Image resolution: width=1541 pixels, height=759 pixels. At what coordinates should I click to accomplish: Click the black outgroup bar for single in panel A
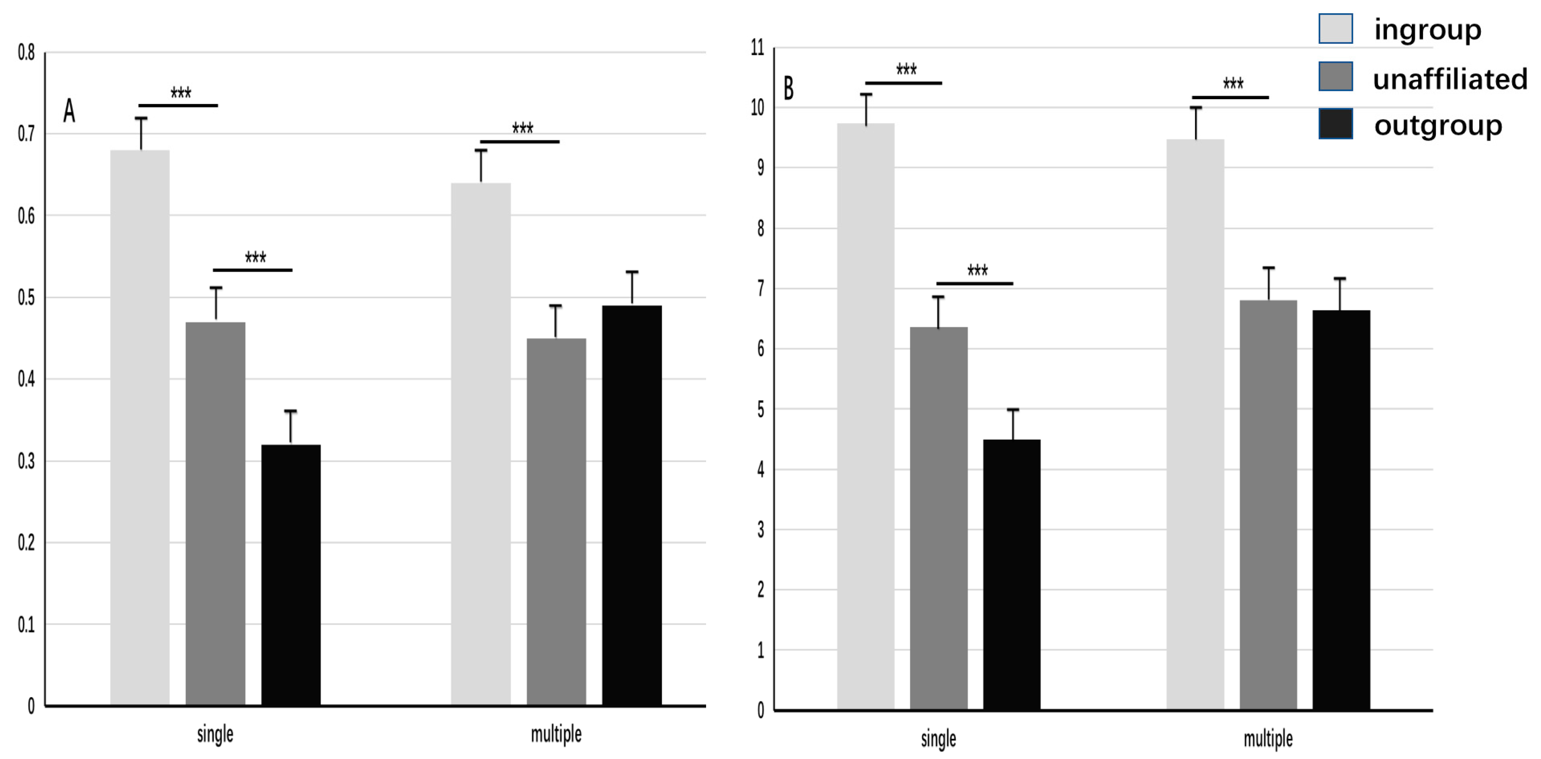pos(291,574)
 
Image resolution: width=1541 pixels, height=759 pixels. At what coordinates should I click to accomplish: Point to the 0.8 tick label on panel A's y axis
pos(26,53)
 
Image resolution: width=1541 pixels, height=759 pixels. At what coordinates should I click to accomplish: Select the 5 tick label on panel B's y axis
pos(760,410)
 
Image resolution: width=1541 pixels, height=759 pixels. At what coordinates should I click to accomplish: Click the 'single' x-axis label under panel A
pos(215,734)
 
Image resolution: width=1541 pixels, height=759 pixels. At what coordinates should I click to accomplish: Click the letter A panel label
pos(70,111)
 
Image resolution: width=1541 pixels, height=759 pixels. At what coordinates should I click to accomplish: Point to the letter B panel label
pos(789,88)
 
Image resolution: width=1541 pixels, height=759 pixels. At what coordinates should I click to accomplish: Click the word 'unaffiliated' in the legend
pos(1450,79)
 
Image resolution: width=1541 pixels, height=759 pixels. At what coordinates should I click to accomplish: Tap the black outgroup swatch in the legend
pos(1335,124)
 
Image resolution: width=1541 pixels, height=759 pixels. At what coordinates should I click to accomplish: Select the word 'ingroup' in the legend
pos(1427,29)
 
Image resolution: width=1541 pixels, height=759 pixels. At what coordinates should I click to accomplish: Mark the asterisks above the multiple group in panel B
pos(1233,83)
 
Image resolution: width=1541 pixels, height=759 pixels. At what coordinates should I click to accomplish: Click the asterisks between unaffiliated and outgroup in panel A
pos(255,257)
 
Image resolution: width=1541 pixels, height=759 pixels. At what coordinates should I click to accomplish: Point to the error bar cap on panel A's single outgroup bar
pos(291,411)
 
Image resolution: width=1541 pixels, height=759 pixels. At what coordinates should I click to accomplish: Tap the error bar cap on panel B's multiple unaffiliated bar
pos(1268,268)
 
